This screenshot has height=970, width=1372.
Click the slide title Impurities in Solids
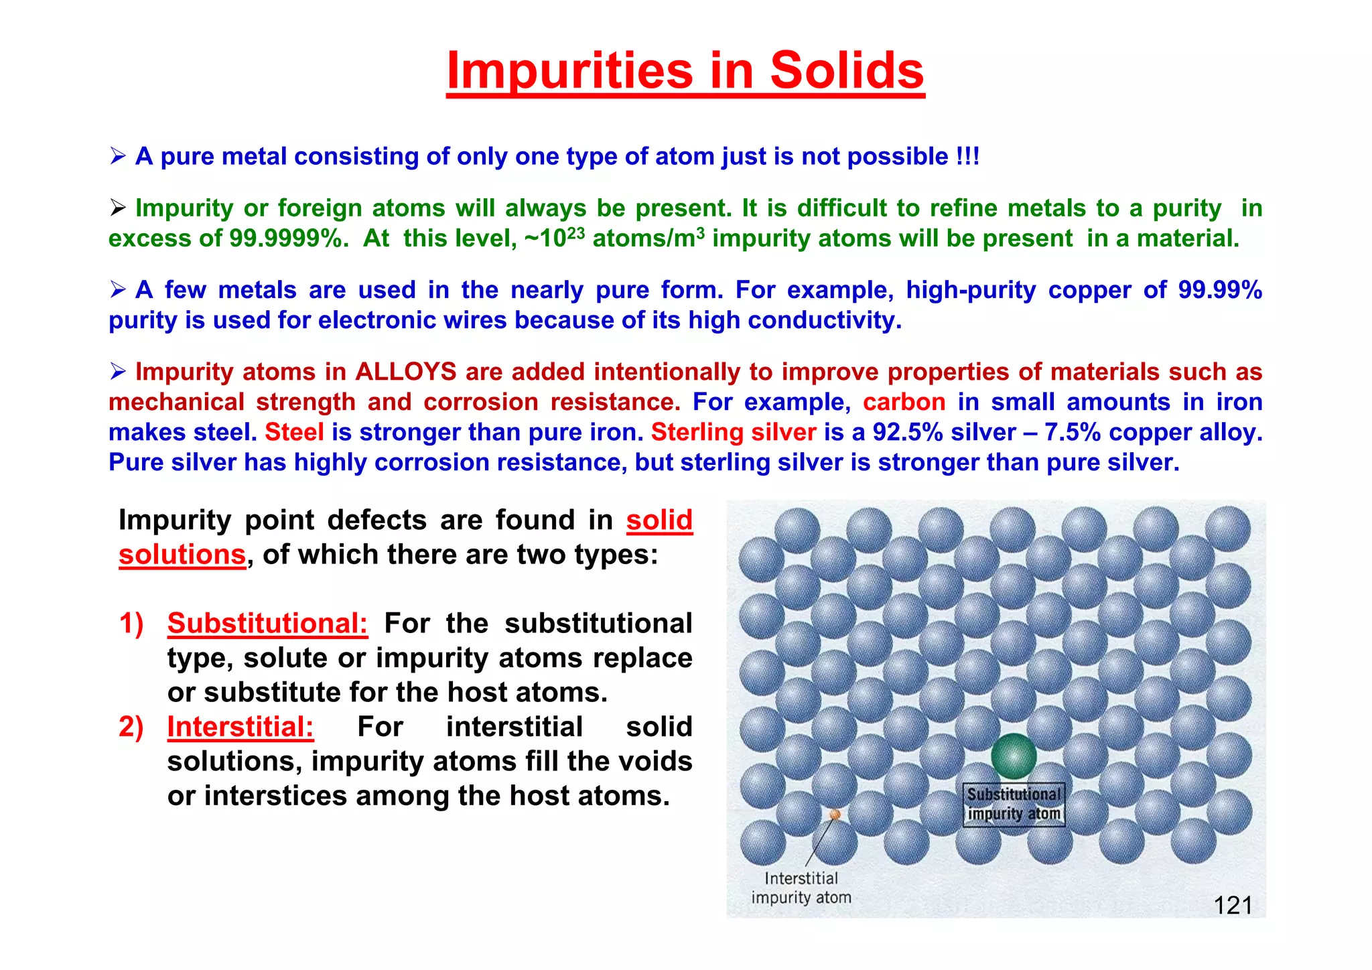point(685,71)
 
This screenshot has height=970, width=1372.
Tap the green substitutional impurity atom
point(1014,756)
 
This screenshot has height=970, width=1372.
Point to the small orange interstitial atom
point(835,815)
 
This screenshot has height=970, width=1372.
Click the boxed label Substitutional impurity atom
point(1014,804)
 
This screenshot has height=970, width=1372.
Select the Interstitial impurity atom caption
point(801,888)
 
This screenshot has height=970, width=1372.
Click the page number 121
point(1233,906)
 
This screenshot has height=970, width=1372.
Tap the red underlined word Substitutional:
point(267,623)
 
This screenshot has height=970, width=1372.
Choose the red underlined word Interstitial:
point(240,727)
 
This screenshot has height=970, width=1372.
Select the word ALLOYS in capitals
point(405,372)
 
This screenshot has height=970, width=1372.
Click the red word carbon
point(904,402)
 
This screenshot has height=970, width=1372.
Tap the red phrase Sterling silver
point(734,432)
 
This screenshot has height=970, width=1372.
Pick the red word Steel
point(294,432)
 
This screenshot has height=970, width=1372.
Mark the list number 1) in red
point(131,623)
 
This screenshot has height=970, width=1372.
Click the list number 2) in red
point(131,727)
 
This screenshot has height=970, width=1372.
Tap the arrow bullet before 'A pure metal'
point(118,157)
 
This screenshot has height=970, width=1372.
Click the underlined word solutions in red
point(182,555)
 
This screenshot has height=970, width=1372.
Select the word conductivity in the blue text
point(824,320)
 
